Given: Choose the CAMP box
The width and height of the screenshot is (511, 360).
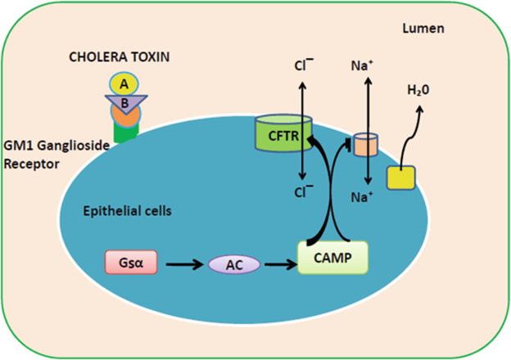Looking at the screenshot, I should [x=333, y=259].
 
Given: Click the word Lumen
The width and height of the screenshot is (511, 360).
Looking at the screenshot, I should [x=423, y=29].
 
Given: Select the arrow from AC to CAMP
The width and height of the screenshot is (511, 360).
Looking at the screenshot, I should [x=281, y=264].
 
